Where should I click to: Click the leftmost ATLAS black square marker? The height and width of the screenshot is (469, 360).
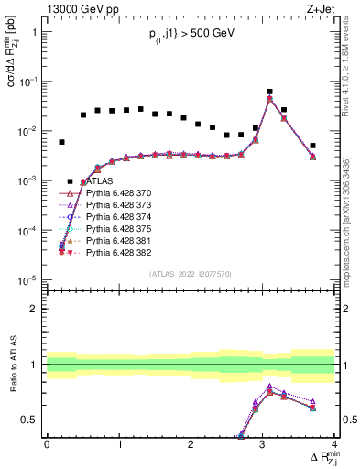(x=61, y=142)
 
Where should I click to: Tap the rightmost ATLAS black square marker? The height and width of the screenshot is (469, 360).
(x=312, y=146)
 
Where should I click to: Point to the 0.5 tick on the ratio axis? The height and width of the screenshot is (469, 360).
(x=33, y=420)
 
